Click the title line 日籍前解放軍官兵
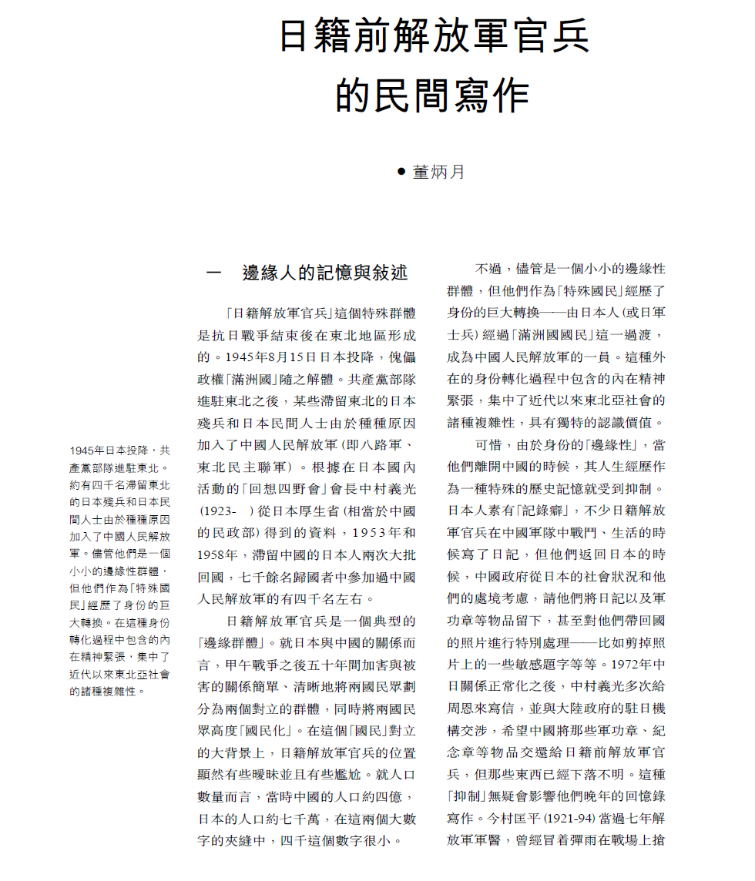click(434, 36)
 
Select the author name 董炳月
click(439, 172)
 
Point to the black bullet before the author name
click(401, 171)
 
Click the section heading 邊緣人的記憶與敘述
click(324, 273)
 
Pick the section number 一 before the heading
click(214, 273)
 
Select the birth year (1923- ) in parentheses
click(226, 511)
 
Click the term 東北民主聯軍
click(240, 467)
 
